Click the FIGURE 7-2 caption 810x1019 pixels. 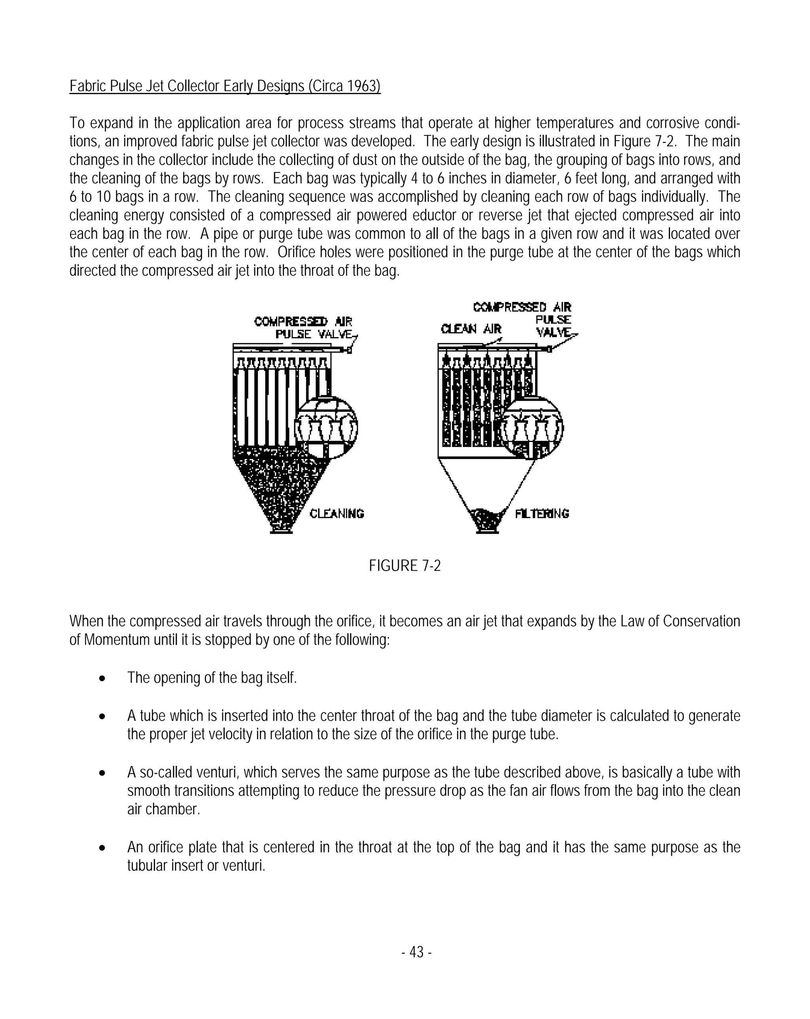click(404, 566)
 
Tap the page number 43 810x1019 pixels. click(416, 952)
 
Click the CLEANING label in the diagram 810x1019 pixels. click(337, 514)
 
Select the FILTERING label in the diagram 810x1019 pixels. click(542, 514)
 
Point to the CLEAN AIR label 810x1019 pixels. click(470, 329)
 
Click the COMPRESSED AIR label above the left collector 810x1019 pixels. click(303, 322)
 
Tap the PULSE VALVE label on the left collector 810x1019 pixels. click(314, 335)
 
